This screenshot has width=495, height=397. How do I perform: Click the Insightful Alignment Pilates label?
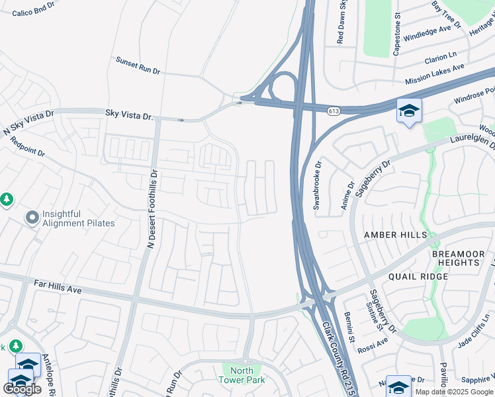[78, 218]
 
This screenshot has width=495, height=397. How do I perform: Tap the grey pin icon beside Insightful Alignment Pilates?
[32, 217]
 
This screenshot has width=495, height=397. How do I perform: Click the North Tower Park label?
[242, 375]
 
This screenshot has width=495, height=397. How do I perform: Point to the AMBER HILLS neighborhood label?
[390, 235]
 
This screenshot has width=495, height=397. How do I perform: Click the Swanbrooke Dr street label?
[317, 186]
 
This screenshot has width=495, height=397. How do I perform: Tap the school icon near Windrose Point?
[409, 110]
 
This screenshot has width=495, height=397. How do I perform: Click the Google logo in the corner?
[22, 389]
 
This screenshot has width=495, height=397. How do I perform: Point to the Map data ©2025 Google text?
[454, 392]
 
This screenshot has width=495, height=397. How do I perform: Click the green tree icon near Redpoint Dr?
[6, 198]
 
